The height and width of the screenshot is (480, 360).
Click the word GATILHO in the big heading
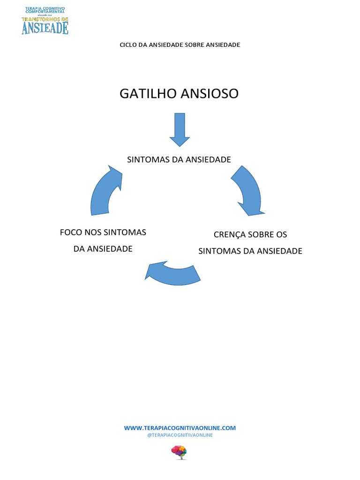[148, 94]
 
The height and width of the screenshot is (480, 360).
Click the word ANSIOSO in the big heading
[210, 94]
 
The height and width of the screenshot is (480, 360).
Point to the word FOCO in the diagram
[71, 232]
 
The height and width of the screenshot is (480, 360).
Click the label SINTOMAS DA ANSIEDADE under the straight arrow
[179, 159]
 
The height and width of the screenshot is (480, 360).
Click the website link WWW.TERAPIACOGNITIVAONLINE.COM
[180, 428]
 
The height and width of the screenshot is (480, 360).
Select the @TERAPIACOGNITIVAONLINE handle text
[180, 435]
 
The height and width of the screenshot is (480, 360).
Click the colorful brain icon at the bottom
[179, 451]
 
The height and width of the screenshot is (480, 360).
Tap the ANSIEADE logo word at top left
[45, 28]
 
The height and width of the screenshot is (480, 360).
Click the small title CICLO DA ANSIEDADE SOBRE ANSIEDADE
[180, 45]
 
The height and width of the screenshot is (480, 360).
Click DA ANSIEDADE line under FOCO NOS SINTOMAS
[103, 248]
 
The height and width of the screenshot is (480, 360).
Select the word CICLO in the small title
[127, 45]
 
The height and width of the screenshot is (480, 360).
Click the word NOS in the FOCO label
[93, 232]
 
